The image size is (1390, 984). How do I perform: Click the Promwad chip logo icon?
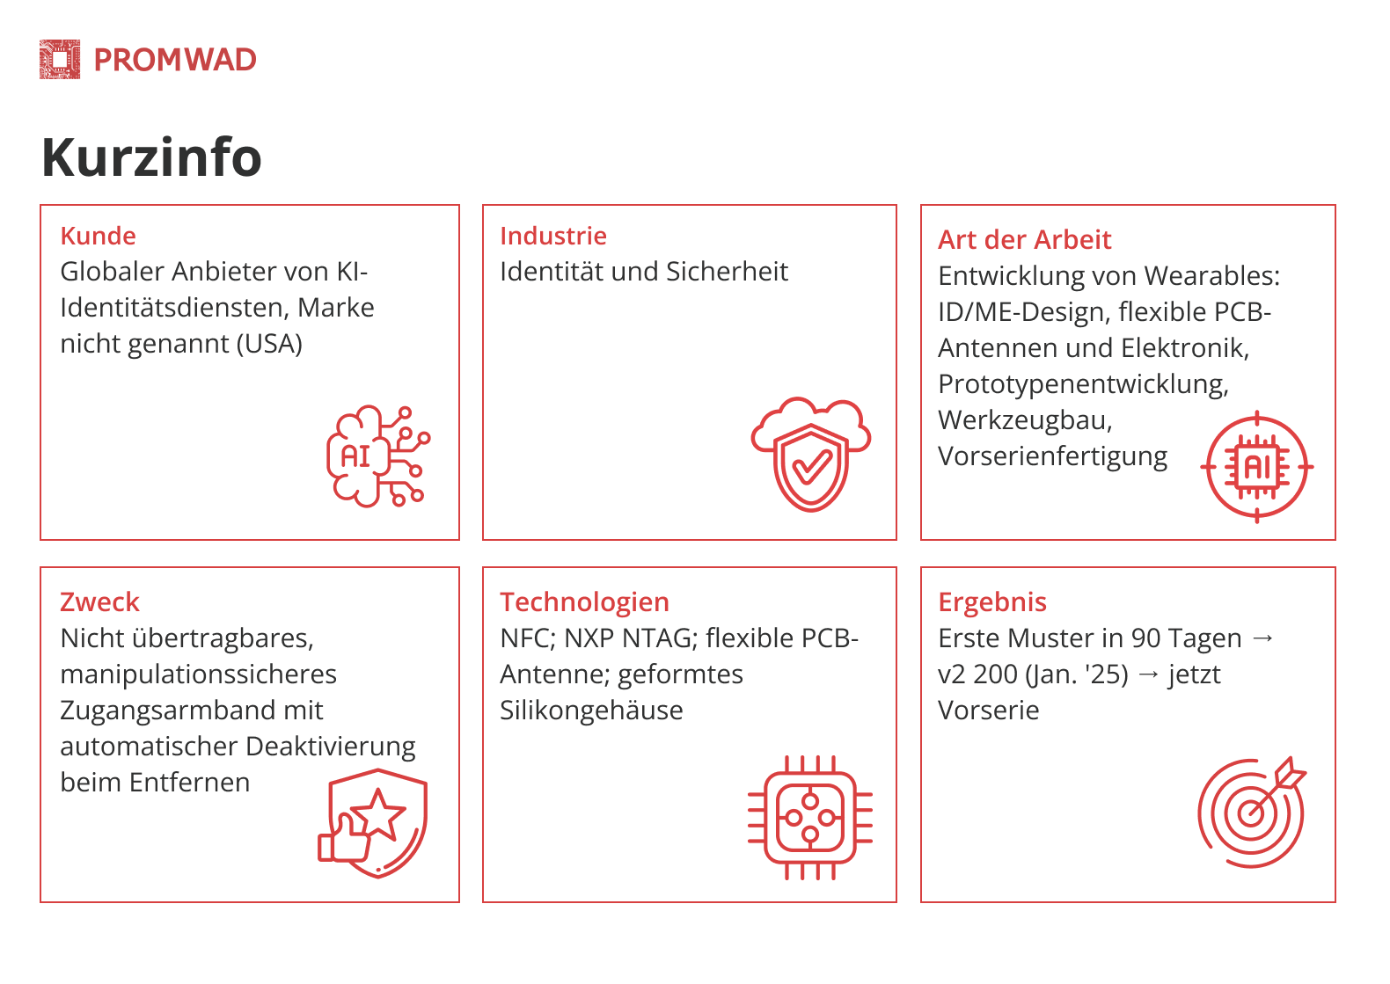(60, 60)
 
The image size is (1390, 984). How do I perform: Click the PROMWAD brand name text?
(175, 60)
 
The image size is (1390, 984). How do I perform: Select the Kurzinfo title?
(152, 157)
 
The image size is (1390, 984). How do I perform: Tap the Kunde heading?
(98, 236)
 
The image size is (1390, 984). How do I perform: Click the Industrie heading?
(553, 236)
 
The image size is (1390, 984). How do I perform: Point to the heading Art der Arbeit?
(1025, 239)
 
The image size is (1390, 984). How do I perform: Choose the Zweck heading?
(100, 601)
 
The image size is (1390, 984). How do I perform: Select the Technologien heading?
(584, 601)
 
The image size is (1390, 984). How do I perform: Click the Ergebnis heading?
(992, 601)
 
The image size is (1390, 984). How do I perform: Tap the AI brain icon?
(378, 456)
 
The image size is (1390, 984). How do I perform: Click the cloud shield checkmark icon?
(811, 454)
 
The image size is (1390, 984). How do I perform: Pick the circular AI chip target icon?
(1256, 467)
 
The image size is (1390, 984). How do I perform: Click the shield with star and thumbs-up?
(373, 823)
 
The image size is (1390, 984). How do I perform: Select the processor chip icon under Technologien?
(809, 818)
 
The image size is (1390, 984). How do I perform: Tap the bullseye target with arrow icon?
(1252, 813)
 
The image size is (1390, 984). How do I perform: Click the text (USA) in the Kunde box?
(269, 344)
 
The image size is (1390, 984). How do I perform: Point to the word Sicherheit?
(728, 272)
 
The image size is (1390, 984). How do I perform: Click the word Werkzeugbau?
(1025, 420)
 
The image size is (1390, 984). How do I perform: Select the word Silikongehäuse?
(591, 711)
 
